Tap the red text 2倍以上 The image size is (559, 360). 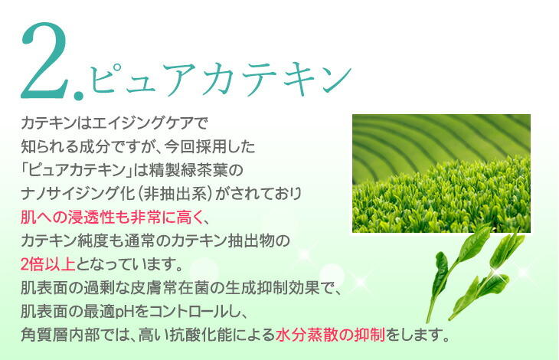coord(49,264)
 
